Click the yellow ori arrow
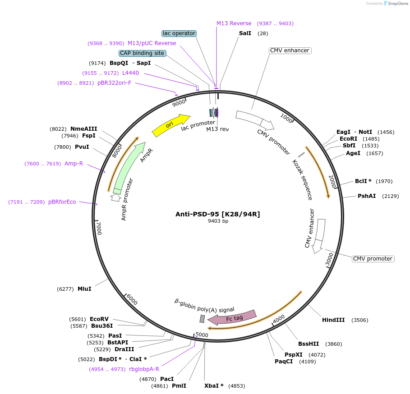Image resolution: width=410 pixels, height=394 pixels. [171, 125]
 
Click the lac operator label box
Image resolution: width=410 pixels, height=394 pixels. [179, 33]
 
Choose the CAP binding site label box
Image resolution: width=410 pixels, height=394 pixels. [142, 53]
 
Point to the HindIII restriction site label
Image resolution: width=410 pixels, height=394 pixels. [333, 320]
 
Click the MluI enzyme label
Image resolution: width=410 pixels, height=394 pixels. [84, 289]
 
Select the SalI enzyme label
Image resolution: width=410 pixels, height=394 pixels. [245, 33]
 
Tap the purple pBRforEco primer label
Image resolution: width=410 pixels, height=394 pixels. [62, 202]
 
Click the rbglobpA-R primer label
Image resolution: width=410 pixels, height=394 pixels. [144, 369]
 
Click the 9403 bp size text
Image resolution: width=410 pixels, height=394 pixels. [218, 221]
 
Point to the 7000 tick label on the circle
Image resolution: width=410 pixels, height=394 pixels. [99, 228]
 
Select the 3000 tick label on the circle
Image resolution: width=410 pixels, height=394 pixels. [330, 259]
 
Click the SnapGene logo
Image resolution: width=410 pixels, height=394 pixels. [396, 4]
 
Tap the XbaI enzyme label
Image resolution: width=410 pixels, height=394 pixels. [214, 386]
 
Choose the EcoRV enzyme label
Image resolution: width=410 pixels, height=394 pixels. [99, 319]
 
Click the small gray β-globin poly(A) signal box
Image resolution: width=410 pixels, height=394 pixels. [202, 319]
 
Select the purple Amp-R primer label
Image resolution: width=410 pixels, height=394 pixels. [74, 164]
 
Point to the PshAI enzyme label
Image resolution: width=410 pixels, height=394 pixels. [367, 196]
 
